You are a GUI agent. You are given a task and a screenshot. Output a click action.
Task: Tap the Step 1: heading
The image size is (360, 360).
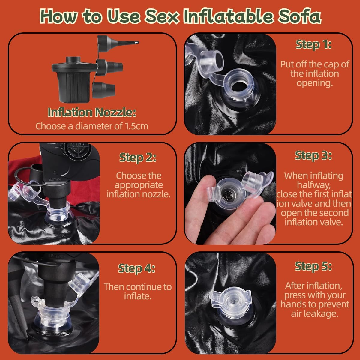pos(314,45)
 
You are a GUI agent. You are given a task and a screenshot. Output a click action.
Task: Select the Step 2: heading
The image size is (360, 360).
pos(138,157)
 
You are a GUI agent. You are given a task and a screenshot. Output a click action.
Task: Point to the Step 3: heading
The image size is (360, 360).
pos(313,155)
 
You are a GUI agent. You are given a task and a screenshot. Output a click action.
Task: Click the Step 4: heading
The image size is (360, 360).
pos(137,268)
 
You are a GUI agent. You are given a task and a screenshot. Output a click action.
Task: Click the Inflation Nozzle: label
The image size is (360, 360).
pos(92,112)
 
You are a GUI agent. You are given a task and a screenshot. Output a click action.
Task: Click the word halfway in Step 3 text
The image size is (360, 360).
pos(314,185)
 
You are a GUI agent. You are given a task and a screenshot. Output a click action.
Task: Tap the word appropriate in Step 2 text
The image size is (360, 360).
pos(139,185)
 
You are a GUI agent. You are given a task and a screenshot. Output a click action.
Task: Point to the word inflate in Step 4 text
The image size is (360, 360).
pos(137,296)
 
